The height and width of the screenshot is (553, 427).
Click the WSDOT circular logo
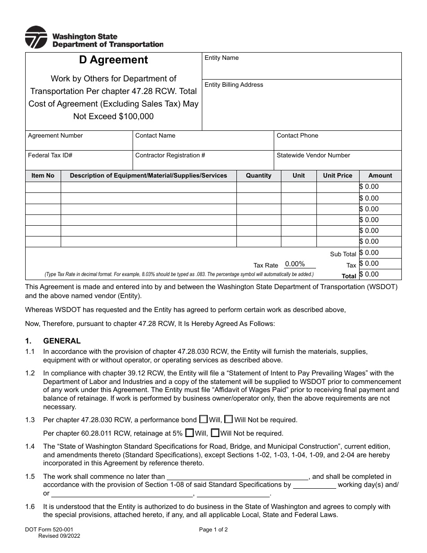(36, 37)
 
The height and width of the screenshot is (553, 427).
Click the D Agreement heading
(113, 60)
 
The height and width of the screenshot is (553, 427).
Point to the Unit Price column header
(338, 175)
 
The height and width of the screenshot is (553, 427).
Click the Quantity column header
(258, 175)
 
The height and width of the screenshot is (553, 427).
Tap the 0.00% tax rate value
(295, 264)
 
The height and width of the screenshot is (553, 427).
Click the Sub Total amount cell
(380, 253)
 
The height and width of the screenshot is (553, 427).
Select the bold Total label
(349, 276)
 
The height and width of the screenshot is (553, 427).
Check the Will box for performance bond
(203, 419)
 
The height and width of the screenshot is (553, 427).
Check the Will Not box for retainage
(215, 433)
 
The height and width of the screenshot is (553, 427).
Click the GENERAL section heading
(62, 341)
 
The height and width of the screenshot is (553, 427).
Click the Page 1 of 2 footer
(213, 530)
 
